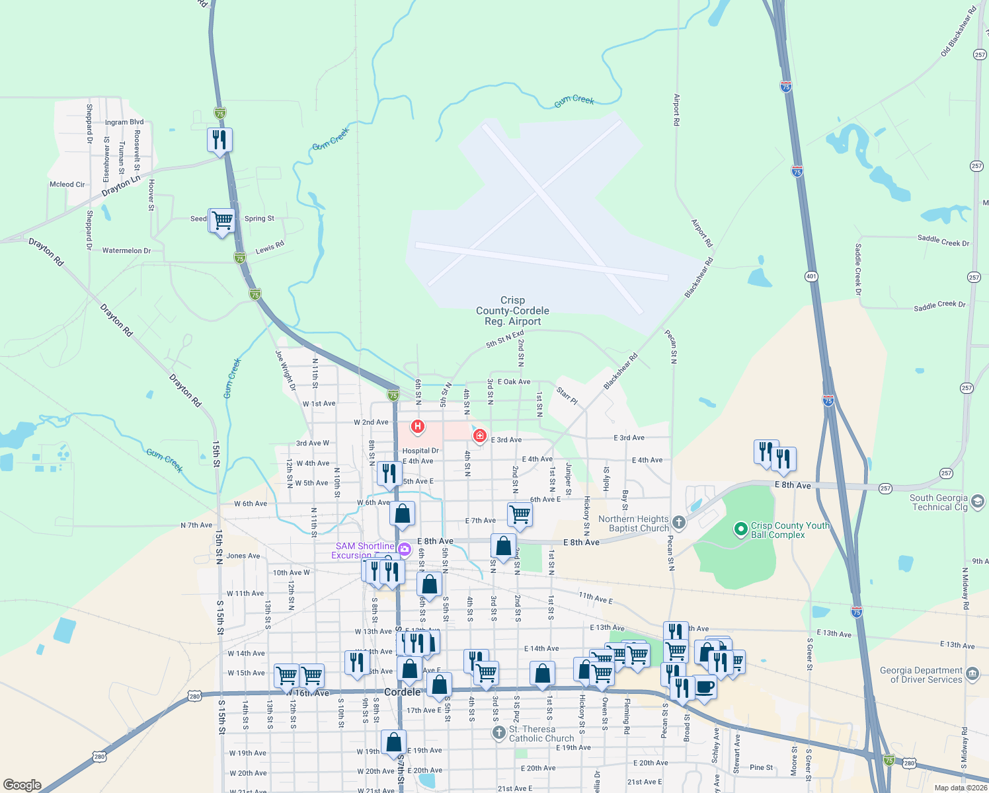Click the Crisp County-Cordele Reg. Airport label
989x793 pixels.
coord(512,311)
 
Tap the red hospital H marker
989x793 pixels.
coord(418,426)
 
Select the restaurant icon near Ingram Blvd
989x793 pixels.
coord(219,140)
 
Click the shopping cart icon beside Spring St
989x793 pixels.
coord(223,220)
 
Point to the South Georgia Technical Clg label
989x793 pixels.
coord(939,502)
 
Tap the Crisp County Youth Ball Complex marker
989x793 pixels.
coord(742,529)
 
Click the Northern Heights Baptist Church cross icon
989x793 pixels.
coord(679,523)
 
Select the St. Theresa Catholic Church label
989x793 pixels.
coord(541,734)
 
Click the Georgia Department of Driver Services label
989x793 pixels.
coord(921,675)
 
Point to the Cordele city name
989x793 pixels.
coord(402,692)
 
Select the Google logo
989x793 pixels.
coord(22,785)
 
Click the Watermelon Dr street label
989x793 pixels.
coord(126,250)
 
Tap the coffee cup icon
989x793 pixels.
coord(705,687)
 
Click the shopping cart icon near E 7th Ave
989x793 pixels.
coord(520,513)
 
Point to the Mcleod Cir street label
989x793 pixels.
coord(67,184)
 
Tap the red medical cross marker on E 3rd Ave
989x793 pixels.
coord(480,435)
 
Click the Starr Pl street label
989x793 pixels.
coord(567,396)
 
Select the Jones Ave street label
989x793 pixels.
coord(243,556)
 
